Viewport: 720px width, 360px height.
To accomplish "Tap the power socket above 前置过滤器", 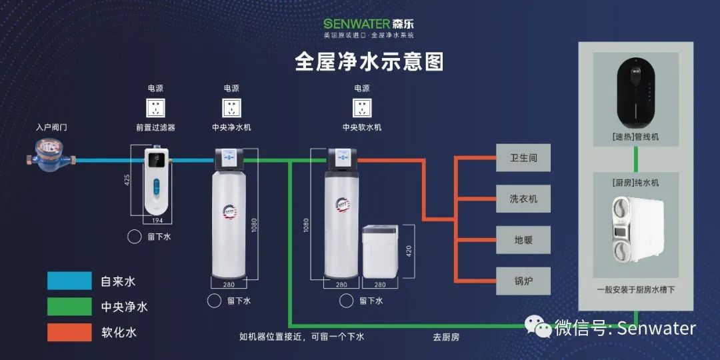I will coord(156,108).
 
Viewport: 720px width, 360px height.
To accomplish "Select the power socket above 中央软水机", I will coord(362,108).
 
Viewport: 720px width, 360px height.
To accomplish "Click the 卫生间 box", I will coord(523,158).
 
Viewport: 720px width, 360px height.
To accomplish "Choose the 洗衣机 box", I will coord(523,199).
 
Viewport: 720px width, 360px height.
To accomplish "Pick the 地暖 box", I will coord(523,240).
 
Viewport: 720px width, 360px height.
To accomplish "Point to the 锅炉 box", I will coord(523,281).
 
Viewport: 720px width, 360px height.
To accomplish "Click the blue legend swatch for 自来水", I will coord(69,281).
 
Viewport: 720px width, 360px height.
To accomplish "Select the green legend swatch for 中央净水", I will coord(69,306).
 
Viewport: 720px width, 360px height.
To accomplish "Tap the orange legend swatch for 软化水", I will coord(69,331).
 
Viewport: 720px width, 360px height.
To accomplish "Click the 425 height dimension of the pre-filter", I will coord(127,180).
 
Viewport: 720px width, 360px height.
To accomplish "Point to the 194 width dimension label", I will coord(157,219).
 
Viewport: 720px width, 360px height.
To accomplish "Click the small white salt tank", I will coord(380,251).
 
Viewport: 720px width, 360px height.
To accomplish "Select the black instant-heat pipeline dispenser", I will coord(636,93).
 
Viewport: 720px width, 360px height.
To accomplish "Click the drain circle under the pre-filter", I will coord(134,236).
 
